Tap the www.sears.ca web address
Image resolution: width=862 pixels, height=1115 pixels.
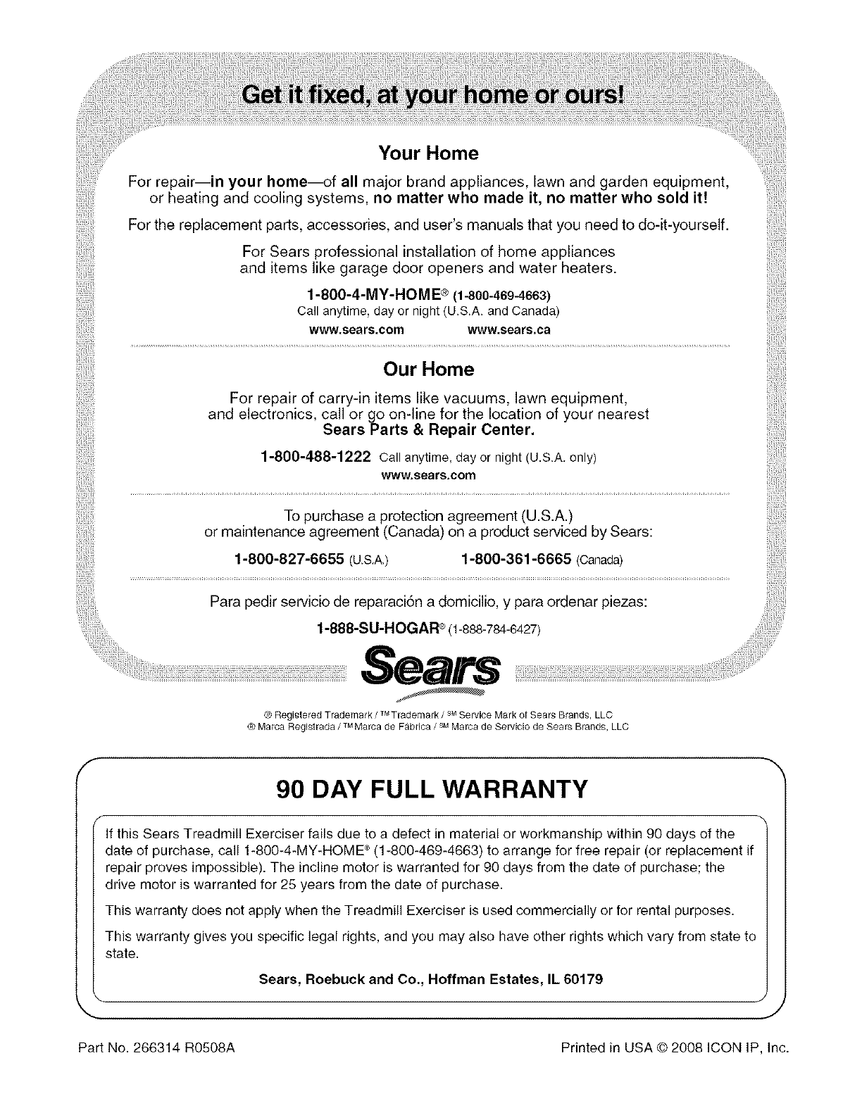[x=509, y=330]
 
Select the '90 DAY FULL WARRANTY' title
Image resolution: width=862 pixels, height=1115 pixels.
[x=430, y=790]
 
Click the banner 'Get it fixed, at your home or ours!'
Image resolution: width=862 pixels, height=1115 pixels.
[x=432, y=94]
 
